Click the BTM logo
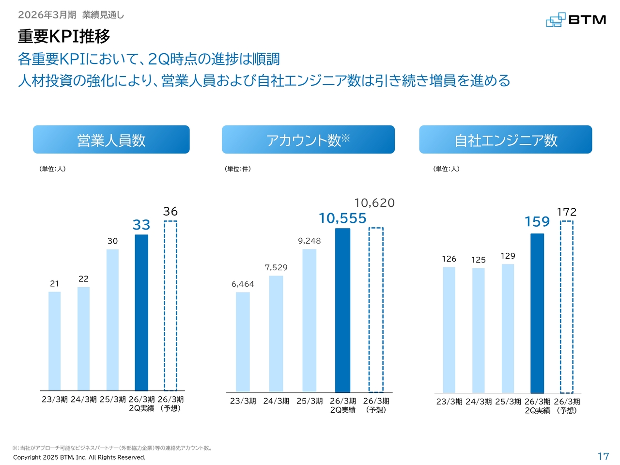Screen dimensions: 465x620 click(576, 20)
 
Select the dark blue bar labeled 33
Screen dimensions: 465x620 click(141, 312)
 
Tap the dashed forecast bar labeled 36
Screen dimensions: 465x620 click(170, 306)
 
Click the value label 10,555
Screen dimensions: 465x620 click(342, 218)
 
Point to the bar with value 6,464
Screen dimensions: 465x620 click(243, 342)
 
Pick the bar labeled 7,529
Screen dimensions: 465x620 click(276, 334)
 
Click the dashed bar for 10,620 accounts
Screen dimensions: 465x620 click(376, 310)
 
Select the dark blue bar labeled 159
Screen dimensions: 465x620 click(537, 313)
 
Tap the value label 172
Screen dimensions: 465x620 click(567, 212)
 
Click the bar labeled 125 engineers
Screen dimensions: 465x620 click(479, 330)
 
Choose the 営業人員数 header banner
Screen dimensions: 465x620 click(111, 140)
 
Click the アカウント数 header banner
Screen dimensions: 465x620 click(308, 140)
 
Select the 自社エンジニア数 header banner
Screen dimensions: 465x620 click(506, 140)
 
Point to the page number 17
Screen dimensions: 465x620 click(603, 456)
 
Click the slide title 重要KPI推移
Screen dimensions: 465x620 click(64, 36)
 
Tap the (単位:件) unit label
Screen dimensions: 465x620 click(237, 169)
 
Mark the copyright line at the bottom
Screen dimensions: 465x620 click(79, 457)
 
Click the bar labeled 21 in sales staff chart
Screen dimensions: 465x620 click(55, 341)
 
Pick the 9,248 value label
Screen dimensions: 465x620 click(309, 241)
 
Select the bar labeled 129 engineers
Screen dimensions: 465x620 click(508, 328)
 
